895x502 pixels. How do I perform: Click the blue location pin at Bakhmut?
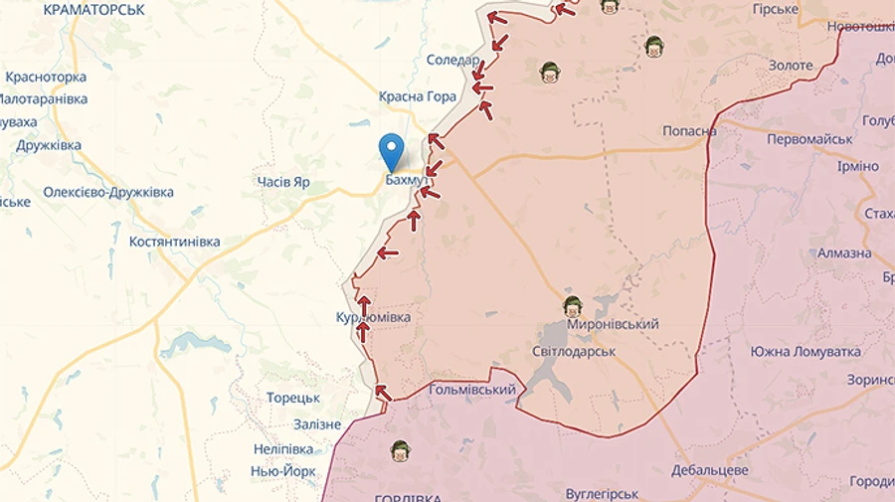[x=393, y=151]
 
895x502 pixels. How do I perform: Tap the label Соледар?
[x=452, y=61]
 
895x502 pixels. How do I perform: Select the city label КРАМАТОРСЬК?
[x=94, y=9]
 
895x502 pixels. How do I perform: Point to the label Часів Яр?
[x=283, y=182]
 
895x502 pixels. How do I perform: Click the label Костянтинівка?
[x=175, y=242]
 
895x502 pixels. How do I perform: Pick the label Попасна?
[x=690, y=131]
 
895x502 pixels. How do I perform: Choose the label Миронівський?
[x=613, y=325]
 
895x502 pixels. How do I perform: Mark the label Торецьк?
[x=293, y=398]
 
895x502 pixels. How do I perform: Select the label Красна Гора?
[x=418, y=96]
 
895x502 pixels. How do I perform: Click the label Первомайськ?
[x=809, y=139]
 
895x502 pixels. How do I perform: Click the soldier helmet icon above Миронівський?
[x=572, y=305]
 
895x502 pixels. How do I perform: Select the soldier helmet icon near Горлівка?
[x=400, y=450]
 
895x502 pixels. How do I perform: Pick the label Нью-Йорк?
[x=283, y=471]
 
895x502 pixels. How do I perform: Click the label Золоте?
[x=791, y=66]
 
